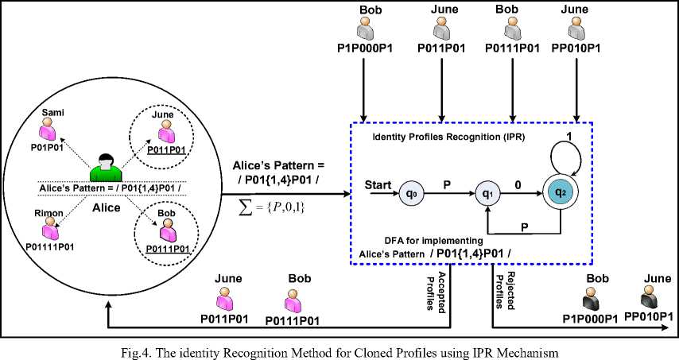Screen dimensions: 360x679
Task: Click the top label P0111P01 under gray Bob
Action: click(511, 48)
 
